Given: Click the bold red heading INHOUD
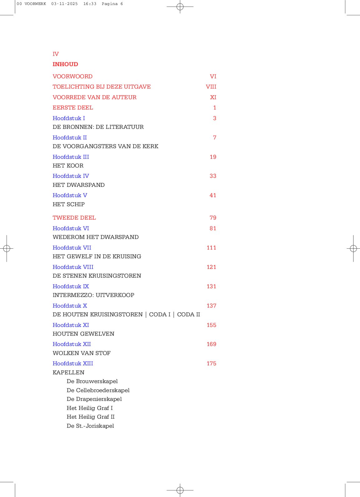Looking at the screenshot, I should [65, 64].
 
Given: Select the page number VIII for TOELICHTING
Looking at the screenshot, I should [211, 87].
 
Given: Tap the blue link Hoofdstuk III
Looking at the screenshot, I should [71, 157].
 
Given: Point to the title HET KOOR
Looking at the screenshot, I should [68, 166].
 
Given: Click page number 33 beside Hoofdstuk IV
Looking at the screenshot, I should [213, 176].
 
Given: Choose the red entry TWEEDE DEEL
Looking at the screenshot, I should [74, 218].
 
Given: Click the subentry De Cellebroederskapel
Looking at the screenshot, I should [98, 390].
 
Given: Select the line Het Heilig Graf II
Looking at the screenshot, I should [90, 417].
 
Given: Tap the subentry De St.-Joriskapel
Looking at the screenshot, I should [90, 426].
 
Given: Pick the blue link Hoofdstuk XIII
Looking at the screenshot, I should [73, 363].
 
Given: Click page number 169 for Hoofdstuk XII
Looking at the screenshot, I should [211, 344].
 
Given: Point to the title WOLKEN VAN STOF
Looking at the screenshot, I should [81, 353].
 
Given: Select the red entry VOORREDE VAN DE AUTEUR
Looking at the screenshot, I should [95, 97].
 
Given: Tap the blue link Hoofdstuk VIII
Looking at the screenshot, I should [73, 267].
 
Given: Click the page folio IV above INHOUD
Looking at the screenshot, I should [56, 54].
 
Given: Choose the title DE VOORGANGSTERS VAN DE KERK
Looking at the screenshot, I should [105, 146].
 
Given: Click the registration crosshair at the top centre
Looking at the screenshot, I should [180, 6].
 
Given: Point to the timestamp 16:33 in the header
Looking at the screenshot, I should [90, 4].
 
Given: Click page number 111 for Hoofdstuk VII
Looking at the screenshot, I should [211, 248].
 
